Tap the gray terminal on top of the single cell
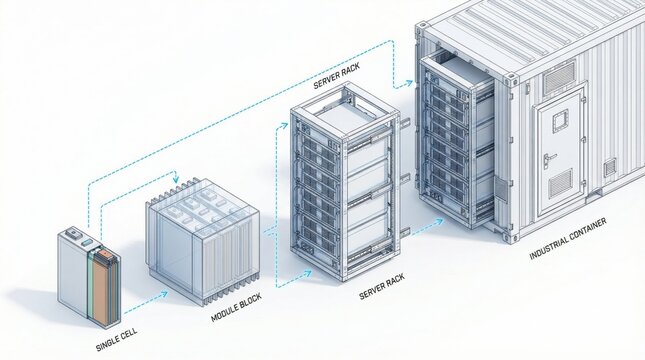click(x=71, y=236)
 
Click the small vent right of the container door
click(x=610, y=168)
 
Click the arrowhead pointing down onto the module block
click(x=177, y=181)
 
